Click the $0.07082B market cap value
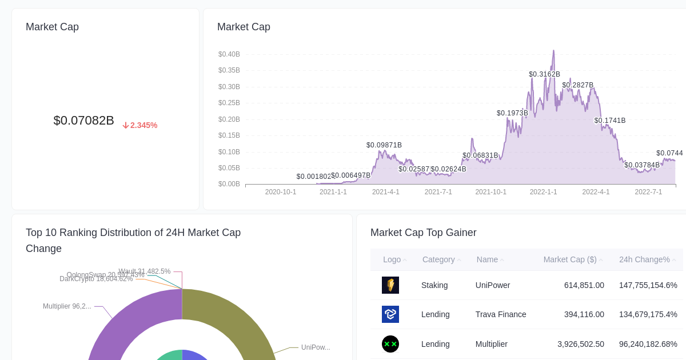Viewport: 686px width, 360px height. pyautogui.click(x=83, y=121)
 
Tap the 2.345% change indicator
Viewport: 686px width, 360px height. pyautogui.click(x=140, y=125)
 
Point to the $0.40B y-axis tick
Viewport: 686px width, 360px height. pyautogui.click(x=229, y=54)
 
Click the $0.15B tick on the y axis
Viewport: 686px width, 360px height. pyautogui.click(x=229, y=135)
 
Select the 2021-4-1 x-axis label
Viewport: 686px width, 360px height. pyautogui.click(x=386, y=192)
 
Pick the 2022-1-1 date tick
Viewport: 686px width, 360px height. pyautogui.click(x=543, y=192)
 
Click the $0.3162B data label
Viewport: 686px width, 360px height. pyautogui.click(x=544, y=74)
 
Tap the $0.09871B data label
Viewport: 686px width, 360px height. pyautogui.click(x=384, y=145)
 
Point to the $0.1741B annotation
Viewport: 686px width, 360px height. pyautogui.click(x=610, y=121)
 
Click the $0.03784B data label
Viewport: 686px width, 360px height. pyautogui.click(x=642, y=165)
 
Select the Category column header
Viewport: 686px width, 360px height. pyautogui.click(x=438, y=259)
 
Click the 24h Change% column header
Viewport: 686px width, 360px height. pyautogui.click(x=644, y=259)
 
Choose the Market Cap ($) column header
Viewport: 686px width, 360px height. pyautogui.click(x=570, y=259)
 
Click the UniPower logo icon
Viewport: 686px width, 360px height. pyautogui.click(x=390, y=285)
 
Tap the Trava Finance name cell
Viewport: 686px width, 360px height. pyautogui.click(x=501, y=314)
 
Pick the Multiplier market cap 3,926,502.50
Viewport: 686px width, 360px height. pyautogui.click(x=581, y=344)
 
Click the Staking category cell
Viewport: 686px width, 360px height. pyautogui.click(x=434, y=285)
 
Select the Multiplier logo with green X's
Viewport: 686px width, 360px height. pyautogui.click(x=390, y=344)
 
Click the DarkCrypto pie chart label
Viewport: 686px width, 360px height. pyautogui.click(x=96, y=279)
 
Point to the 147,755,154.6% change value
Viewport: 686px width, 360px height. pyautogui.click(x=648, y=285)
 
